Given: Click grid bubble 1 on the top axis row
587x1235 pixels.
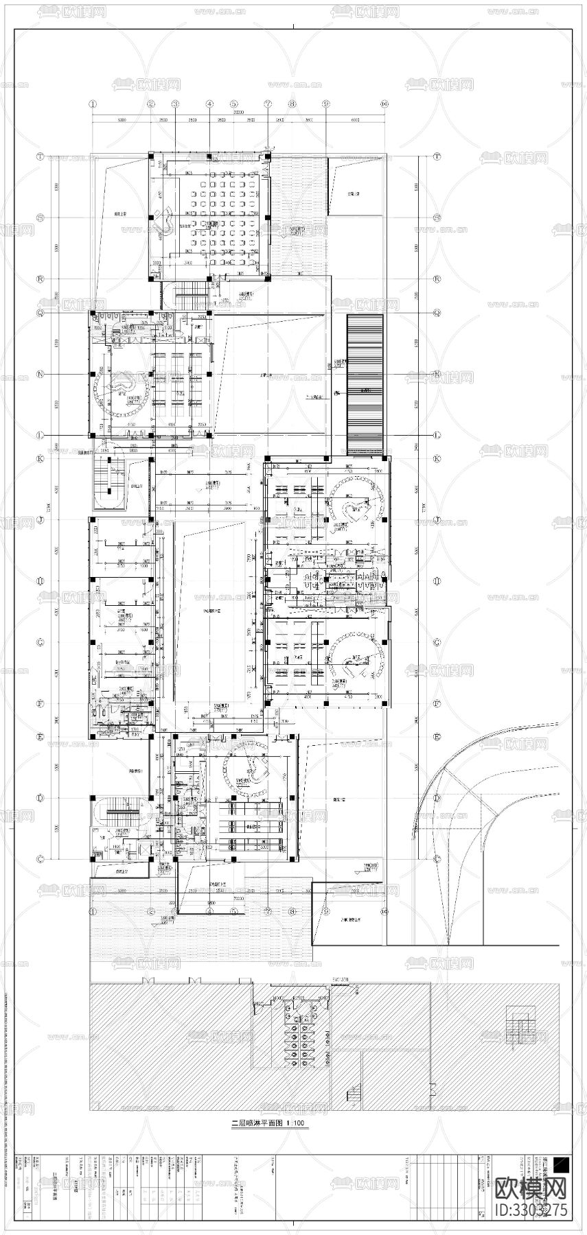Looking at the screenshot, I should point(93,104).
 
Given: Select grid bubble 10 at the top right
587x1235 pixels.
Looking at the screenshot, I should point(384,104).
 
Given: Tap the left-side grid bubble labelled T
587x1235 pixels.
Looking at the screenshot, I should point(41,156).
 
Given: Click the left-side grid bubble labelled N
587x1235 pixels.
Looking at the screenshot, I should point(41,374).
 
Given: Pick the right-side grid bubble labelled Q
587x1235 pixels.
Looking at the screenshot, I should point(437,312).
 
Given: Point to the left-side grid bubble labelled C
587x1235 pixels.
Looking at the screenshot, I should point(41,859).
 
